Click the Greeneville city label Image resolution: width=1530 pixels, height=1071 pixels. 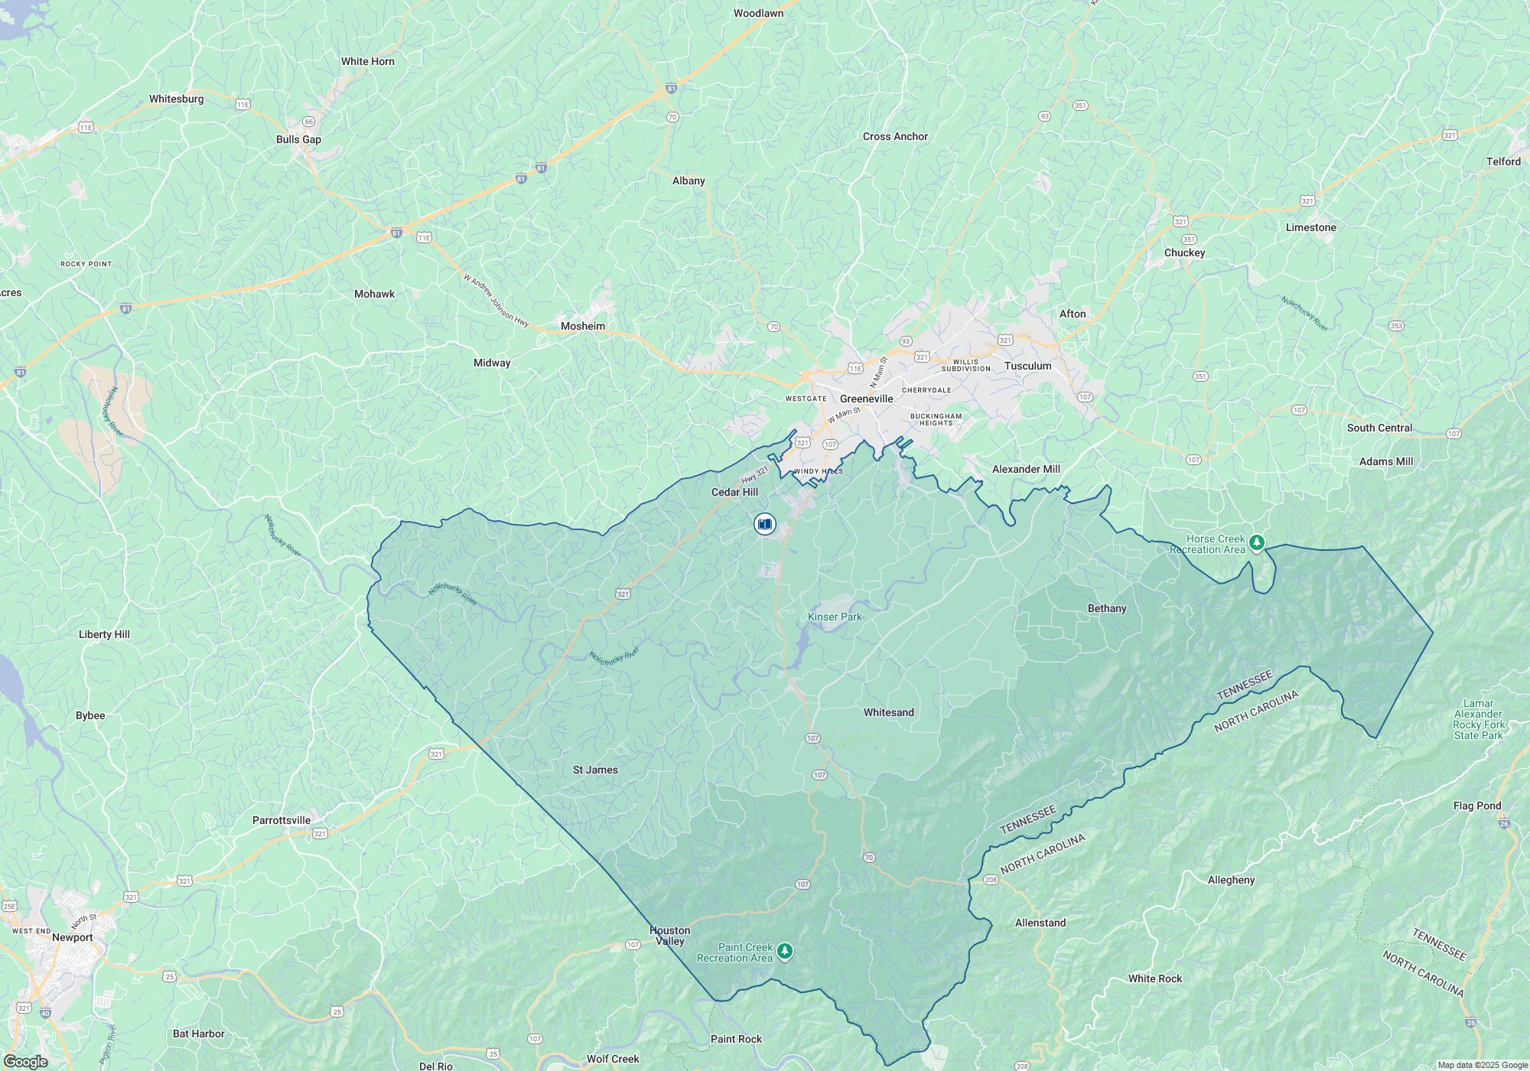[866, 399]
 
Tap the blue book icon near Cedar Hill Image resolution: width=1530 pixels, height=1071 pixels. [764, 524]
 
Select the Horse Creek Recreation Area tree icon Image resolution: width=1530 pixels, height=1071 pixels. [1256, 543]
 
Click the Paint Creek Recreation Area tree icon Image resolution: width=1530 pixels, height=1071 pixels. [784, 952]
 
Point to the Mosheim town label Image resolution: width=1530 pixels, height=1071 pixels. [582, 326]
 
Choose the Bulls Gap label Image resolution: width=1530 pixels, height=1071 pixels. [298, 139]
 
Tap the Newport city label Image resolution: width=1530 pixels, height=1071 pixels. [72, 937]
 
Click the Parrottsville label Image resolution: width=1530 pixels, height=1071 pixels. [282, 820]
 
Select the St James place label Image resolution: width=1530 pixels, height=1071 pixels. [595, 770]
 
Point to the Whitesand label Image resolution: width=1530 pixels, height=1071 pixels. [888, 712]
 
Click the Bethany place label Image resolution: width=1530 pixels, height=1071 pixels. [1106, 608]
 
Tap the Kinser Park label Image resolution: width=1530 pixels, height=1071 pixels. [835, 617]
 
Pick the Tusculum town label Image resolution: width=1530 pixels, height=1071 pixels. [1027, 366]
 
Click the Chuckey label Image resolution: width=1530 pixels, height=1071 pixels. [1184, 252]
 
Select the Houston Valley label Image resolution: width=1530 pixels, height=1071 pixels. [669, 936]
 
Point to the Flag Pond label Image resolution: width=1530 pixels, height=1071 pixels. [1476, 806]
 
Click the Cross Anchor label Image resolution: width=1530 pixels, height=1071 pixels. [895, 136]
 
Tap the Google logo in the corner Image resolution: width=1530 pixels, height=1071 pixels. [25, 1062]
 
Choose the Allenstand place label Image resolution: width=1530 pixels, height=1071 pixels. [1040, 923]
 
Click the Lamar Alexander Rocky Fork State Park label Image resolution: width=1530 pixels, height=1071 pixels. [1478, 719]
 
